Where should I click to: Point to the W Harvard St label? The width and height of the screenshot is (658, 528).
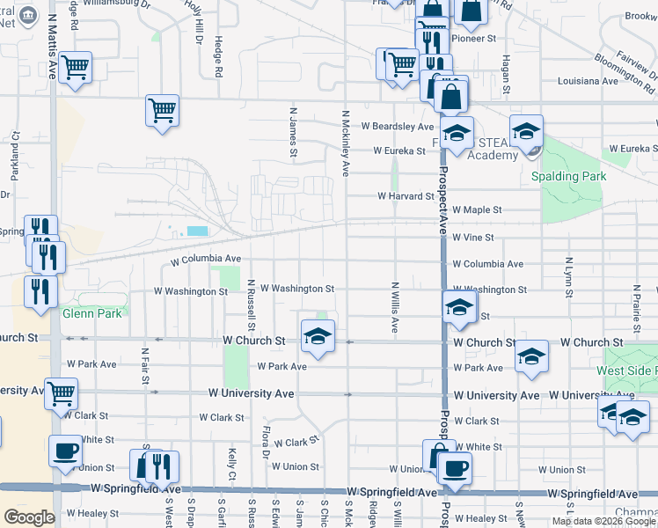(406, 196)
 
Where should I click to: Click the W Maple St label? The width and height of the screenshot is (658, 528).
(477, 210)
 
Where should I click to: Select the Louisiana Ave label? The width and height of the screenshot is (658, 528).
(589, 81)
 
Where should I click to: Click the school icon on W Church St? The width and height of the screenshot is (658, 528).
(318, 334)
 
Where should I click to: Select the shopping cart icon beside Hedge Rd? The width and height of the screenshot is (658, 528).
(162, 110)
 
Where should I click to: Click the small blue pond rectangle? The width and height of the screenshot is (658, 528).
(198, 231)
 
